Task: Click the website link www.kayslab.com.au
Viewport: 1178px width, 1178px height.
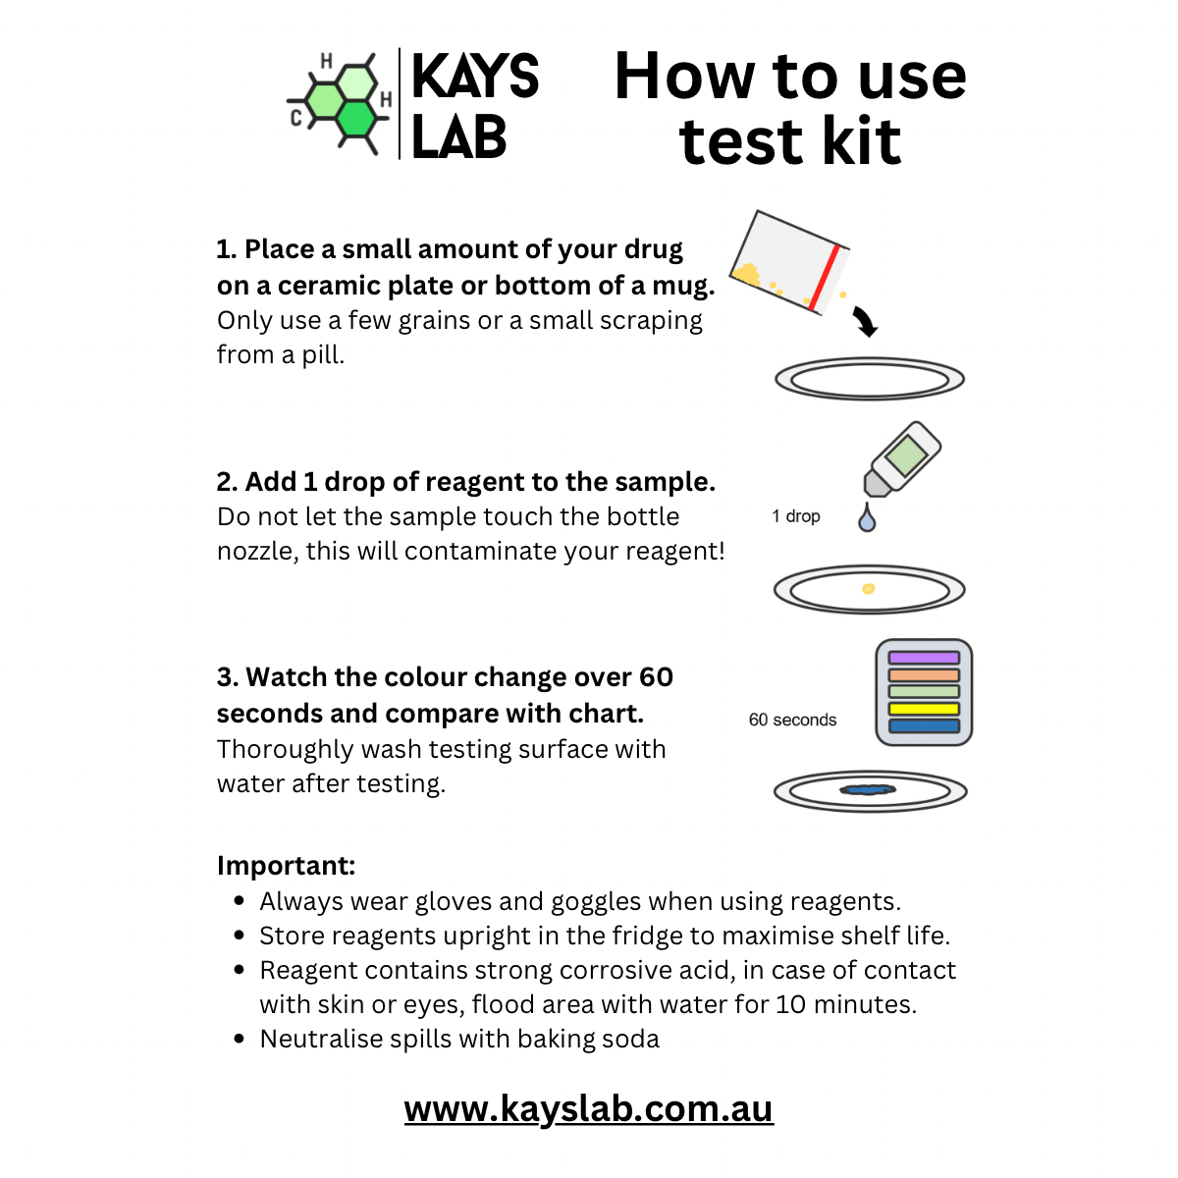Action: click(x=588, y=1109)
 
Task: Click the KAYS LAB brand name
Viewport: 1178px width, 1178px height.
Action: click(x=474, y=106)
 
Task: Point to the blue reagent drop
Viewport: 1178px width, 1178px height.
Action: click(x=866, y=518)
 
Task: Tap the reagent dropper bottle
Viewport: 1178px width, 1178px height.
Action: click(x=901, y=459)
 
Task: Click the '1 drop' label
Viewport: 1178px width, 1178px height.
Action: click(x=795, y=516)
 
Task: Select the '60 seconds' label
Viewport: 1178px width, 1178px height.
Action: click(x=792, y=720)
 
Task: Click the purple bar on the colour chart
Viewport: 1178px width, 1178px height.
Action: click(x=923, y=658)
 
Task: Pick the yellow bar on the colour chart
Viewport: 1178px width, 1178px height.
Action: click(x=923, y=709)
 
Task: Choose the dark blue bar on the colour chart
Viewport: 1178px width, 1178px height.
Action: click(x=923, y=726)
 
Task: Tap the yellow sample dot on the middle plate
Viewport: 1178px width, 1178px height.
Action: click(x=868, y=589)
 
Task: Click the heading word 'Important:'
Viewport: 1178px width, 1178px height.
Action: click(x=286, y=866)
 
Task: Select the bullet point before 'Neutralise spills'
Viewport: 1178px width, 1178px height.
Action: click(x=240, y=1039)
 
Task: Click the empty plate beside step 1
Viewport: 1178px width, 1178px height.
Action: click(x=870, y=379)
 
